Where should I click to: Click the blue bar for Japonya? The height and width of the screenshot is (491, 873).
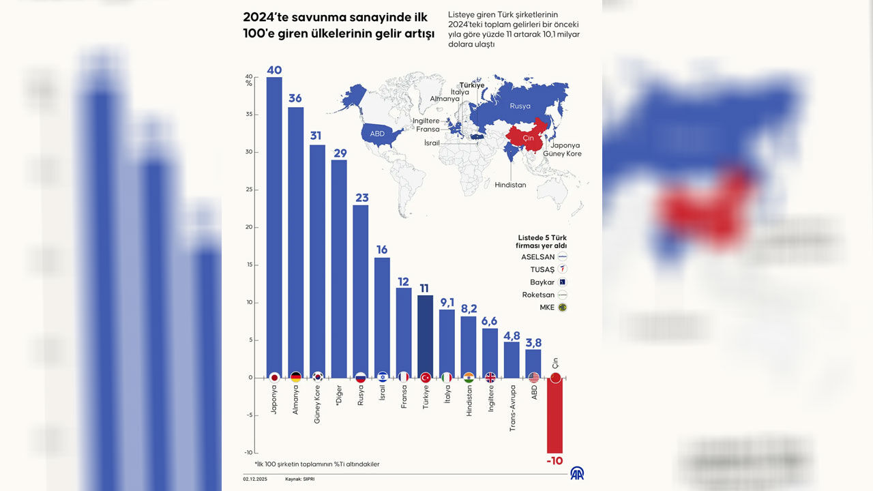pos(274,225)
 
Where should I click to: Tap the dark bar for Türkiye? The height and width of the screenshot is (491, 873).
pos(425,334)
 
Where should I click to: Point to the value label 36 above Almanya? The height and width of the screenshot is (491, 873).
pos(295,98)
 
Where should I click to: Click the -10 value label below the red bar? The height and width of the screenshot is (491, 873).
pos(554,461)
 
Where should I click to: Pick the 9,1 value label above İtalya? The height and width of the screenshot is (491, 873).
pos(447,301)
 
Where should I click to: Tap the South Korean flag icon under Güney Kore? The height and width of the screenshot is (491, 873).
pos(317,377)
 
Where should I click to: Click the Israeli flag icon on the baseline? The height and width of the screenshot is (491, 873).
pos(382,377)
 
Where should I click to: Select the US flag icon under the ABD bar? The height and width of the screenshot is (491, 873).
pos(533,377)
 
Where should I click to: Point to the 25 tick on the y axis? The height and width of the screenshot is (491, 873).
pos(249,190)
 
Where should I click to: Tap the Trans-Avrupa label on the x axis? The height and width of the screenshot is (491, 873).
pos(512,408)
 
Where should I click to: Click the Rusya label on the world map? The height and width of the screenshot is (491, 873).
pos(520,106)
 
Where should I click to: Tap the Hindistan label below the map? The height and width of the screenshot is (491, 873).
pos(510,185)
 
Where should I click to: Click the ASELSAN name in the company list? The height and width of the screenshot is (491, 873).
pos(537,257)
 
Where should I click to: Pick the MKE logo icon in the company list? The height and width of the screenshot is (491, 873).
pos(563,308)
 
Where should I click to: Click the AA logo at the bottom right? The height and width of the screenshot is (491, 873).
pos(577,473)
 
